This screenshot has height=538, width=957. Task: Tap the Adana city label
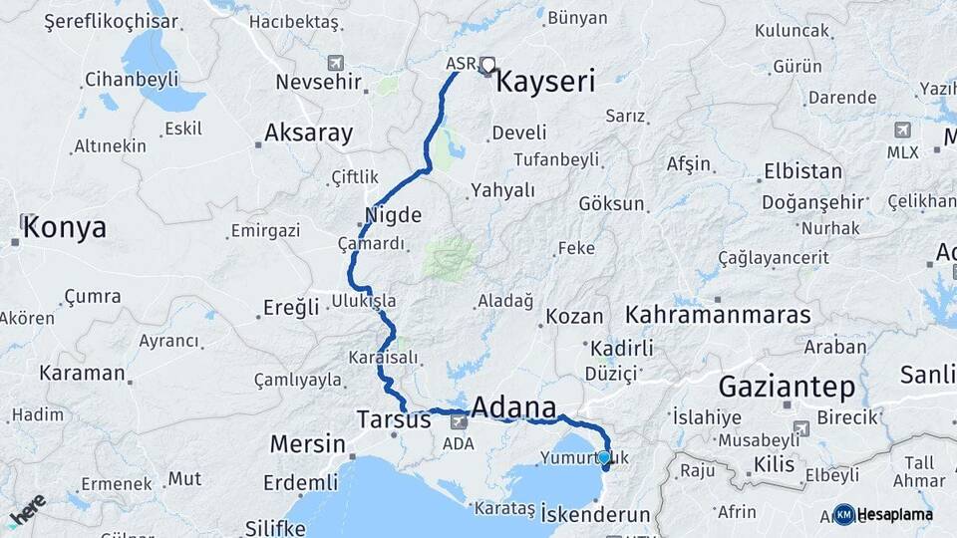[x=513, y=406]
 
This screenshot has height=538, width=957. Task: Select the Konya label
[x=64, y=227]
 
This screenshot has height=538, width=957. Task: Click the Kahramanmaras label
[x=718, y=315]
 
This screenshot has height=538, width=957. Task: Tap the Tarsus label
[x=394, y=420]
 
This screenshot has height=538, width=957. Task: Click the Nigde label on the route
[x=394, y=214]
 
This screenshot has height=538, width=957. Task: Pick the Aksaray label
[x=309, y=133]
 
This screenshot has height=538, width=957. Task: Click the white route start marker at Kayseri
[x=487, y=66]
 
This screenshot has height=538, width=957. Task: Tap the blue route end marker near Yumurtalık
[x=604, y=457]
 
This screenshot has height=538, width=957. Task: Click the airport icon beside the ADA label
[x=459, y=421]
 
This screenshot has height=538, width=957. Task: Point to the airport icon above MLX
[x=903, y=130]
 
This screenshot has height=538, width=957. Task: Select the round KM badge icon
[x=844, y=514]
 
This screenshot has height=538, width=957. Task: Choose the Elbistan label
[x=802, y=171]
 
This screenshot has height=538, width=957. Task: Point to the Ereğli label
[x=291, y=307]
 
